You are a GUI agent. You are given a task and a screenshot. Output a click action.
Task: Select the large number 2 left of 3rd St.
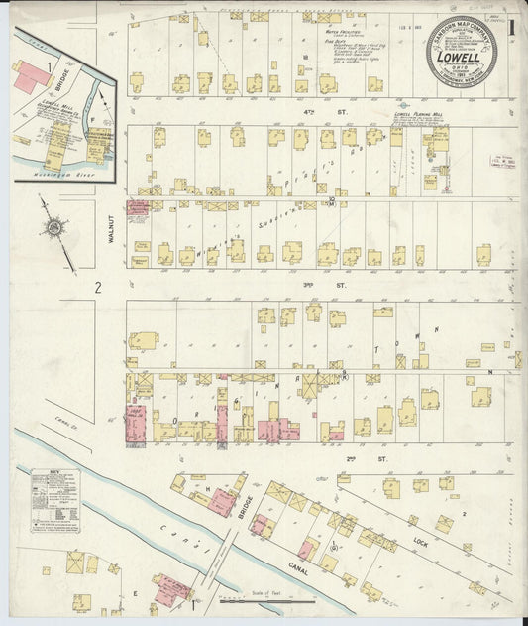pos(98,289)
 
